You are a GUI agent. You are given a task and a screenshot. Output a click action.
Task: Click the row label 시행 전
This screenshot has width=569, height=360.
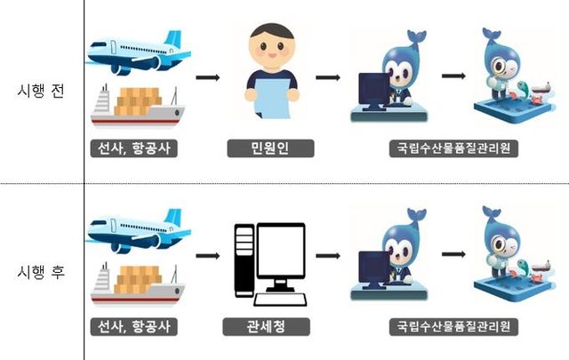[x=41, y=91]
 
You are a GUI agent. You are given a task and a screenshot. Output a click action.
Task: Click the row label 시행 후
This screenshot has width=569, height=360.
[x=41, y=272]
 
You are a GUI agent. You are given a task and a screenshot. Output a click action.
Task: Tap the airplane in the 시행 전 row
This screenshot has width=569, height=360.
[x=139, y=52]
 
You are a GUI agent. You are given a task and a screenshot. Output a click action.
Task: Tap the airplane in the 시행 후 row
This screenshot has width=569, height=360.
[x=139, y=231]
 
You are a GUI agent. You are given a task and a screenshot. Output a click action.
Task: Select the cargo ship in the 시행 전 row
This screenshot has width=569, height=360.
[x=137, y=106]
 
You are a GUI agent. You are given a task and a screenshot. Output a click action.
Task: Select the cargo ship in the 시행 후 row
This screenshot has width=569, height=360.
[x=137, y=284]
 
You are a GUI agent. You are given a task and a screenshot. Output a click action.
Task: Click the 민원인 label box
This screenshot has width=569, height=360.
[x=270, y=148]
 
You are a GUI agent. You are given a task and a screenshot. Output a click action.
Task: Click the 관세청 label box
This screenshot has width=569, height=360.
[x=266, y=326]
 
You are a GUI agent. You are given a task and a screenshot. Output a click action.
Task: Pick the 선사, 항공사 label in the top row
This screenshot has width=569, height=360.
[x=134, y=148]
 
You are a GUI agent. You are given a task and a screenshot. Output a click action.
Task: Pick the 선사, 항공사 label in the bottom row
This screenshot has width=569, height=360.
[x=134, y=326]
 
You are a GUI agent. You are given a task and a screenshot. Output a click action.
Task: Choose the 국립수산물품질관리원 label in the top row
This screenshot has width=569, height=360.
[x=453, y=148]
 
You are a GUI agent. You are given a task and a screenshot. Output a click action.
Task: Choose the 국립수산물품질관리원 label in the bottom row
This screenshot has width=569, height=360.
[x=453, y=326]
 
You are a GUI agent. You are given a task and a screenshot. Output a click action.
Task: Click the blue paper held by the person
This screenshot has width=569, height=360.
[x=272, y=98]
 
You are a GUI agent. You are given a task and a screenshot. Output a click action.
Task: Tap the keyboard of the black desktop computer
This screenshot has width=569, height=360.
[x=280, y=300]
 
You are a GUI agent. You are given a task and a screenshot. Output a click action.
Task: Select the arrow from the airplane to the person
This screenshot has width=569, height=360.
[x=208, y=77]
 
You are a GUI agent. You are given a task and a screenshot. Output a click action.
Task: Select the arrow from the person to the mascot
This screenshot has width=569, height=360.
[x=328, y=77]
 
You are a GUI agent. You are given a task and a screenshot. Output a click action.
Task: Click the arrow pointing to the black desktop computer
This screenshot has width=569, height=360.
[x=208, y=256]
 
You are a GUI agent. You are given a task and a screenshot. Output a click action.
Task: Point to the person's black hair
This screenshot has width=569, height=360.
[x=272, y=30]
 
